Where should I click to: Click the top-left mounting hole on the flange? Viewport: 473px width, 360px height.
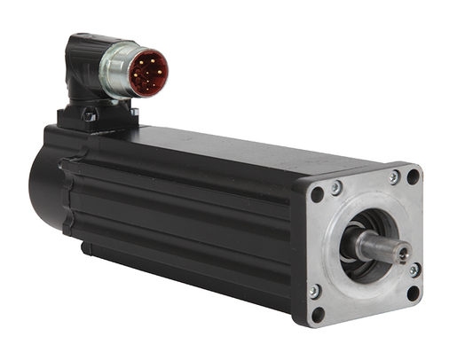(318, 194)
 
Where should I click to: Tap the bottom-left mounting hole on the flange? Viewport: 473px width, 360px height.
(318, 313)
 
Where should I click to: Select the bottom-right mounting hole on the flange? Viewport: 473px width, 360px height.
(412, 292)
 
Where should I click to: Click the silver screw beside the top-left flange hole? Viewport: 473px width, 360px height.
(336, 187)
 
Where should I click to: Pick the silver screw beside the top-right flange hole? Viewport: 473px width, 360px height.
(394, 177)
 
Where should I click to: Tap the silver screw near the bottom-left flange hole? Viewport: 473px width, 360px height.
(313, 291)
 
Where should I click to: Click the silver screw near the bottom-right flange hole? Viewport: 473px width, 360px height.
(414, 270)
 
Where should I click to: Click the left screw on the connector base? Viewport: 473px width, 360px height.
(89, 113)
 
